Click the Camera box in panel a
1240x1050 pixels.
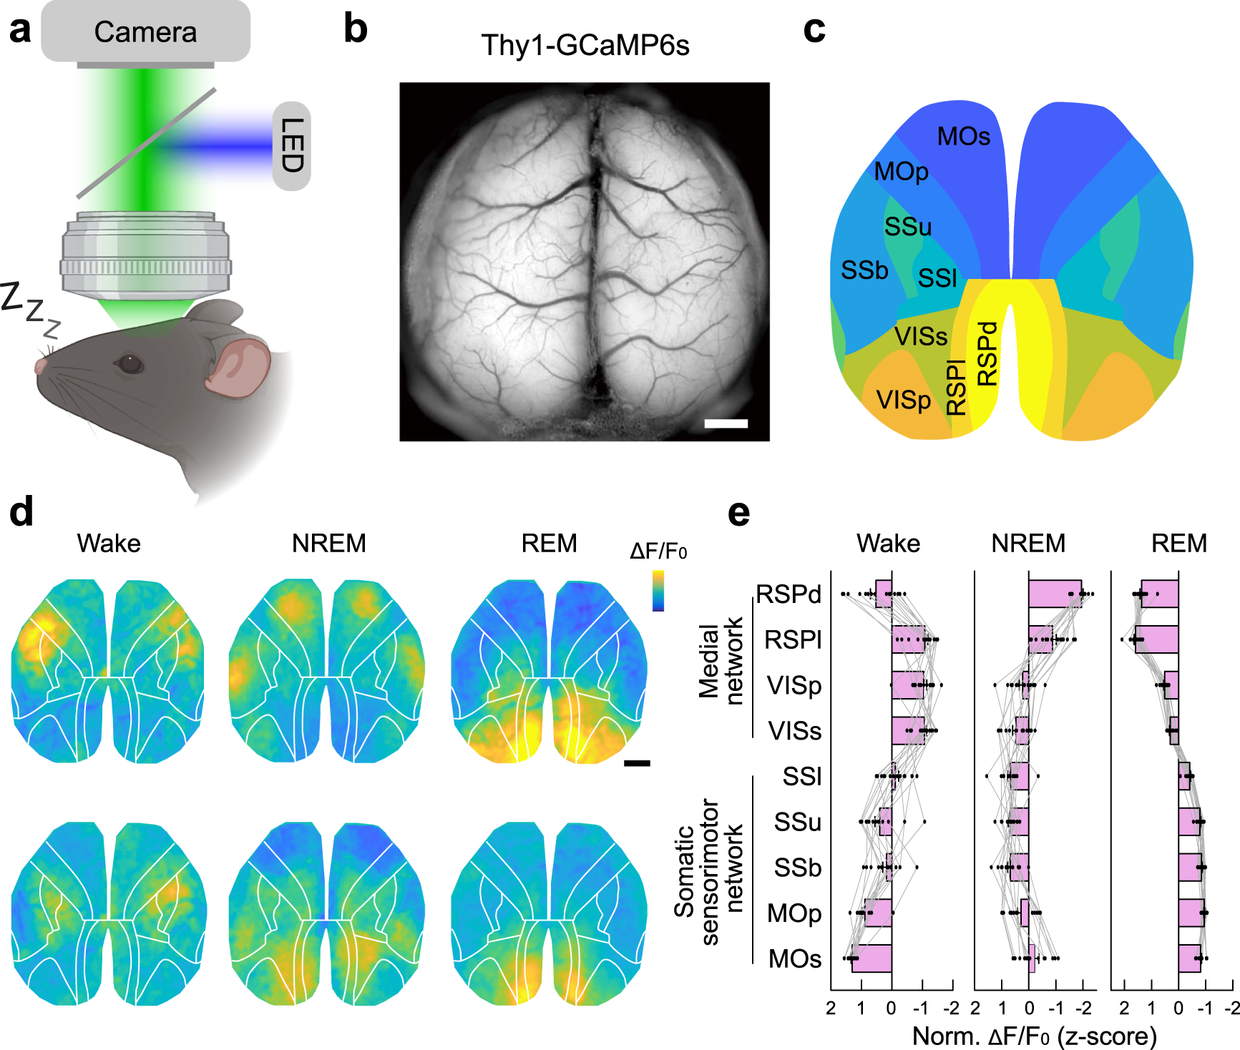[x=145, y=31]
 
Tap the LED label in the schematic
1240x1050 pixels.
[x=292, y=146]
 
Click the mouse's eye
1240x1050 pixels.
[x=130, y=363]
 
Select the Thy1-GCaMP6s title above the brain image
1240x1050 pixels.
[x=585, y=46]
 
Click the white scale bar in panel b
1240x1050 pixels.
[x=726, y=423]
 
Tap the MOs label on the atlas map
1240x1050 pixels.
[x=963, y=136]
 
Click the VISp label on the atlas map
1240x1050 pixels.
[x=903, y=400]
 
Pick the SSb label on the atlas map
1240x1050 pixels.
[x=864, y=270]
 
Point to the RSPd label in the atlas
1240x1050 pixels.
[x=987, y=354]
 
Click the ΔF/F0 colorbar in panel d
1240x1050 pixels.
[x=658, y=591]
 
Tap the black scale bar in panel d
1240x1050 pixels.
[x=637, y=763]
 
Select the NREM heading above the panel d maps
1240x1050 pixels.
[x=328, y=544]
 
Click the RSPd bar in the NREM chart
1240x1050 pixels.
[x=1055, y=594]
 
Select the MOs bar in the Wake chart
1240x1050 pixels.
[x=872, y=958]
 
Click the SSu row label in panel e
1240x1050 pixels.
[x=797, y=823]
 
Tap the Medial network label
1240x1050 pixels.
[x=720, y=662]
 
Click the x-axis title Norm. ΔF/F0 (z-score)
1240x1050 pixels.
[x=1034, y=1036]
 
